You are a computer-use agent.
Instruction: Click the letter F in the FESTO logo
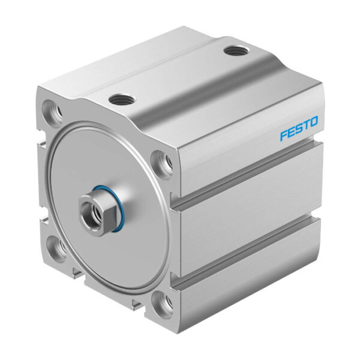coord(283,136)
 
